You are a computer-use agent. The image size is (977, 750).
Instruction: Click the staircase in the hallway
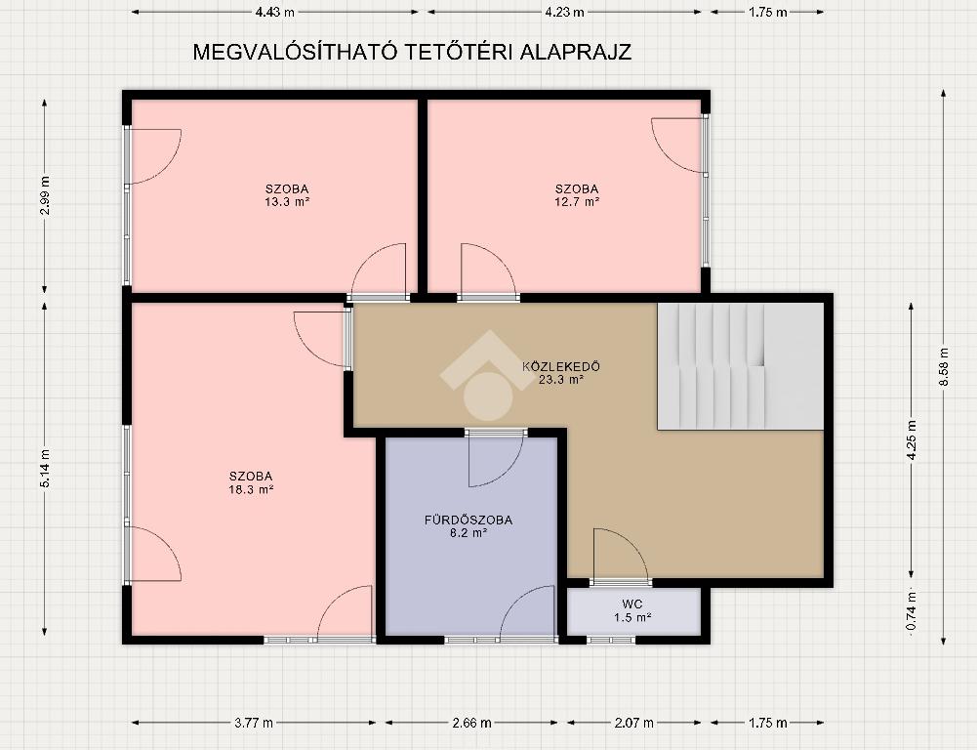pyautogui.click(x=741, y=366)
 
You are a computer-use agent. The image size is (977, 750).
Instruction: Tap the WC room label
pyautogui.click(x=631, y=610)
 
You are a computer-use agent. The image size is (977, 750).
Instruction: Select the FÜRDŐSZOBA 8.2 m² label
pyautogui.click(x=468, y=526)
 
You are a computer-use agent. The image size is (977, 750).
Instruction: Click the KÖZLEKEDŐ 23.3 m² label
pyautogui.click(x=561, y=372)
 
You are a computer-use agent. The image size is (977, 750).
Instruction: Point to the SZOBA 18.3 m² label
pyautogui.click(x=251, y=483)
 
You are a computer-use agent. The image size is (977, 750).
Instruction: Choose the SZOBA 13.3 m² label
pyautogui.click(x=287, y=195)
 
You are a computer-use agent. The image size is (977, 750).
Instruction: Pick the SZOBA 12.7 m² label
pyautogui.click(x=577, y=195)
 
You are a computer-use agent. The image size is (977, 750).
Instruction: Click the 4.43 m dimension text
pyautogui.click(x=275, y=13)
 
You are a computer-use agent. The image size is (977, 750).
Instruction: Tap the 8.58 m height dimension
pyautogui.click(x=944, y=367)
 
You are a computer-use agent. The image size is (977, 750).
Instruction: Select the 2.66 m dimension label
pyautogui.click(x=471, y=724)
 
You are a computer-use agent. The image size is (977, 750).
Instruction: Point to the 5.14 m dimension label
pyautogui.click(x=45, y=468)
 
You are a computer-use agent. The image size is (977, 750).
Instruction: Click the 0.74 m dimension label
pyautogui.click(x=911, y=609)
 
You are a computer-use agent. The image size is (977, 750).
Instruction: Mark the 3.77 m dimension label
pyautogui.click(x=254, y=724)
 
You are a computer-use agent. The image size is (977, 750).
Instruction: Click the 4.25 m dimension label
pyautogui.click(x=911, y=440)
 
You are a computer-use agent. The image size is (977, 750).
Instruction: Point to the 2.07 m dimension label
pyautogui.click(x=634, y=724)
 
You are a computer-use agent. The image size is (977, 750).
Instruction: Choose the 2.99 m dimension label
pyautogui.click(x=45, y=195)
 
